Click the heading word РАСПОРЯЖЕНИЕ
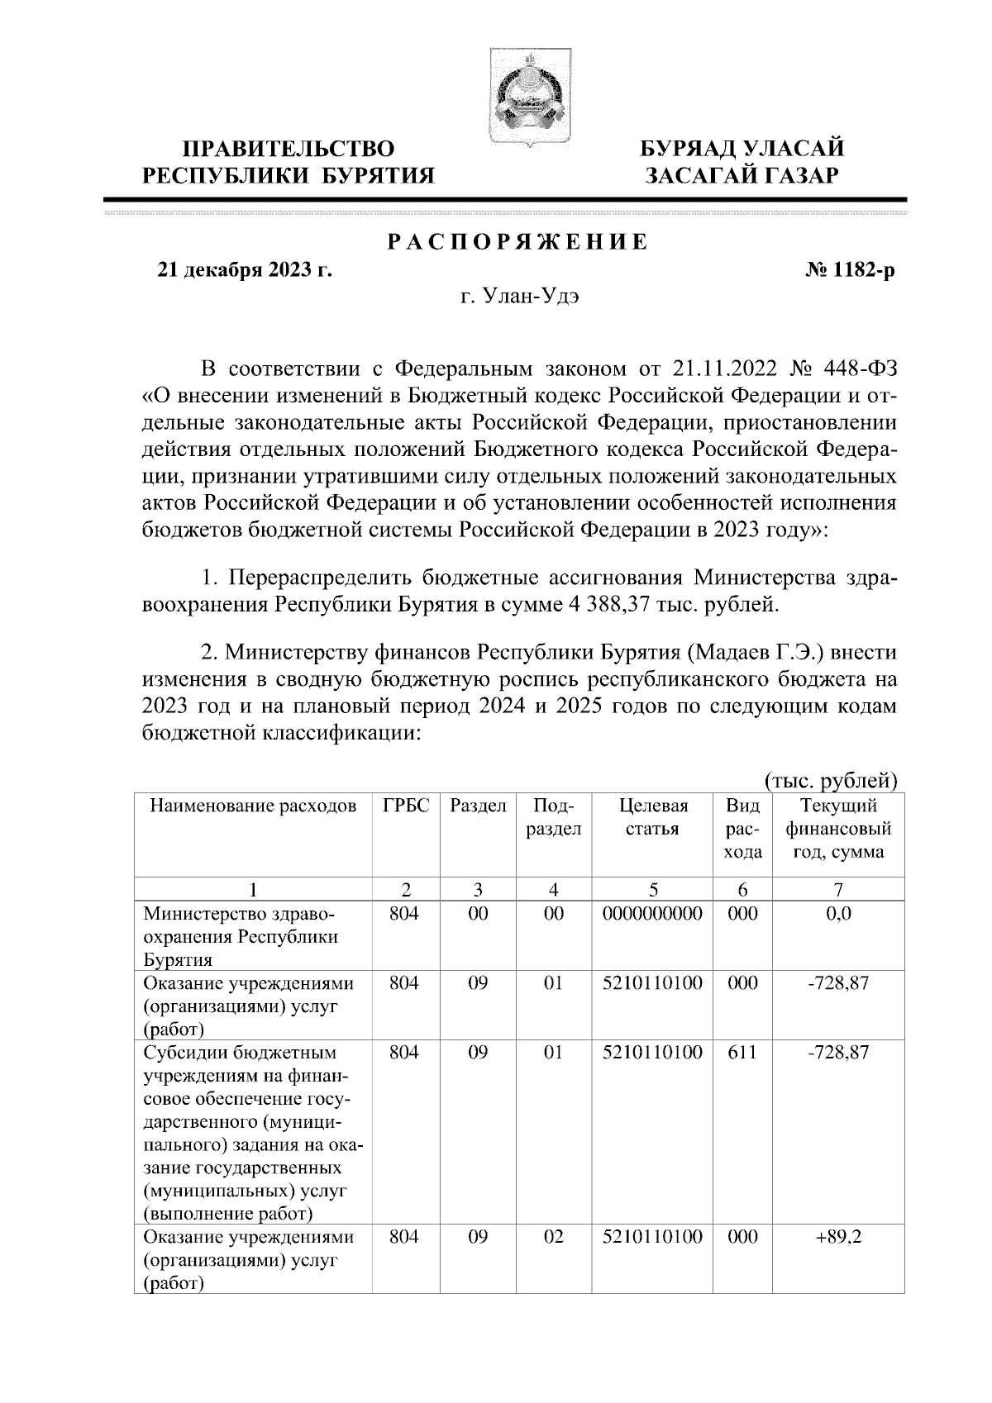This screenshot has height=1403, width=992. [x=518, y=243]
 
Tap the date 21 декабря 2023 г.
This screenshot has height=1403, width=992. [x=245, y=269]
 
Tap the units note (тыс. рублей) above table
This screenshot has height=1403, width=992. [x=829, y=780]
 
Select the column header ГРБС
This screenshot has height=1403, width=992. [x=406, y=806]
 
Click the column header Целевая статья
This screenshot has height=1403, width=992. [x=653, y=817]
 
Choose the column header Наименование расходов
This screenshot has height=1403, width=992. [x=253, y=806]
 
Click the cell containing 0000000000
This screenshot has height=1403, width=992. [x=653, y=914]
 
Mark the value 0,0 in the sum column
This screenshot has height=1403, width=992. [x=838, y=914]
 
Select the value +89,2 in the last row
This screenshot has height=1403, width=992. [x=838, y=1238]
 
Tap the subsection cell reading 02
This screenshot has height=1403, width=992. [x=553, y=1238]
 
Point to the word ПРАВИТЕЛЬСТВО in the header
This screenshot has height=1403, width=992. [x=289, y=150]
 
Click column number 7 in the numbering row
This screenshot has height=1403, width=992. [x=838, y=890]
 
